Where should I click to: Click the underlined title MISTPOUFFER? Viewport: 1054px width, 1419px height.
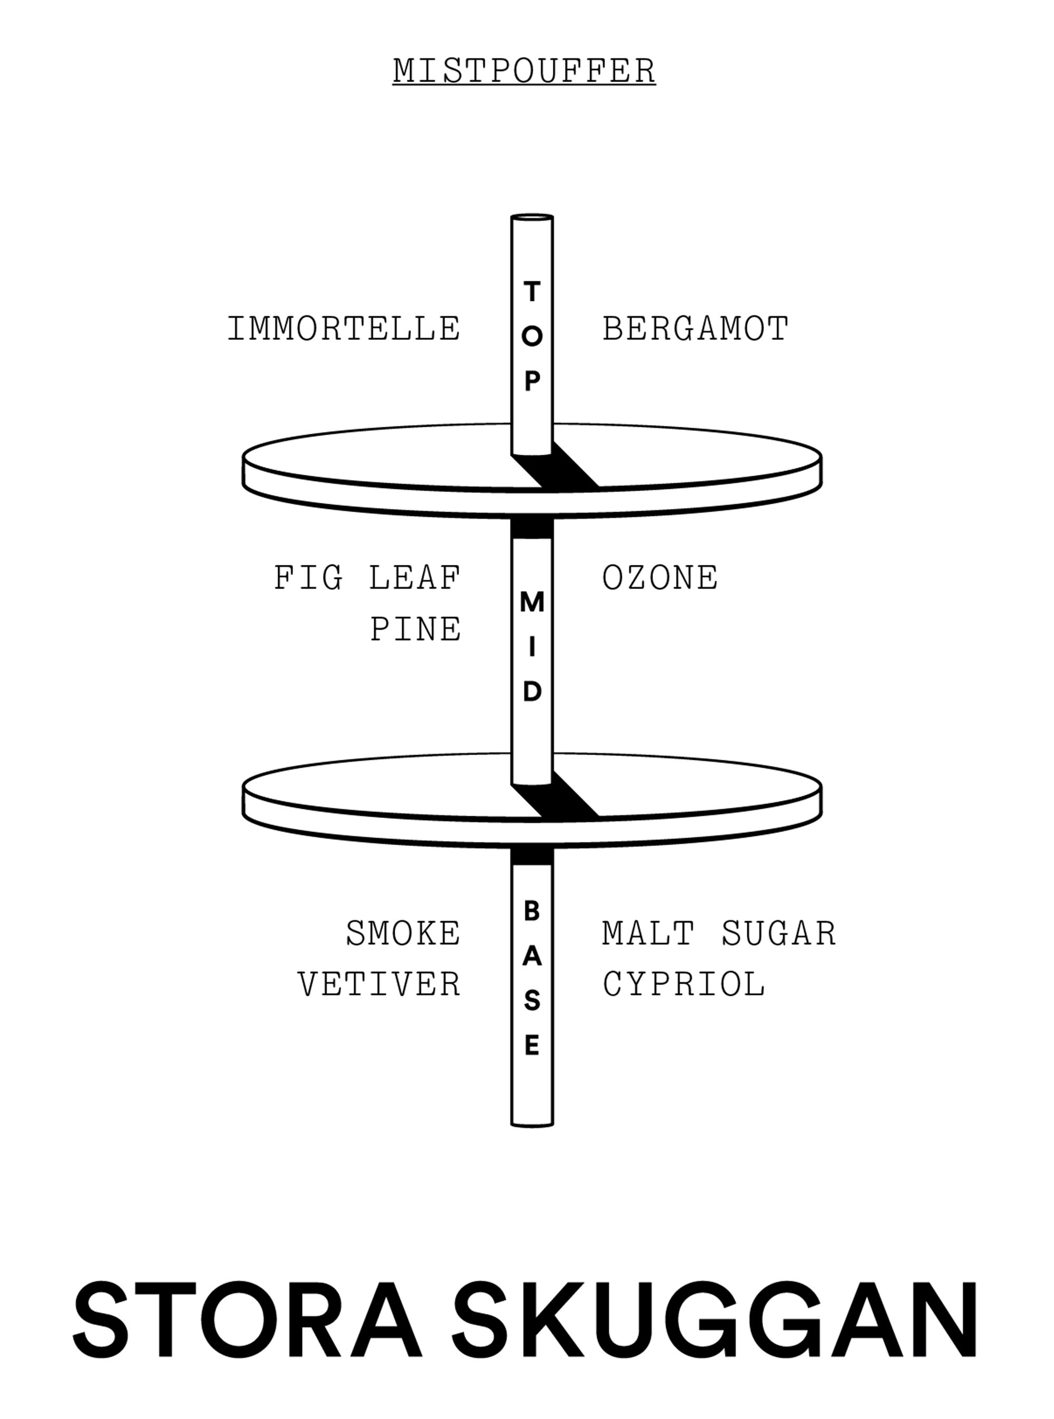pyautogui.click(x=524, y=71)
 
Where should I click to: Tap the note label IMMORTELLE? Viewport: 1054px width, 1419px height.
pyautogui.click(x=344, y=329)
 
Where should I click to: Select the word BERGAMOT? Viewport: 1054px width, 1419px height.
pyautogui.click(x=696, y=329)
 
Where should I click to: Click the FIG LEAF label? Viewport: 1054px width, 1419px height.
pyautogui.click(x=367, y=578)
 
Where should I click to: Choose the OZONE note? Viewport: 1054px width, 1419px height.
pyautogui.click(x=660, y=578)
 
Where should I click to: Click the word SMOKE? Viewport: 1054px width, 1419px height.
pyautogui.click(x=403, y=933)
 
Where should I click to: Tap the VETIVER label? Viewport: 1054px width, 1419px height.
pyautogui.click(x=379, y=984)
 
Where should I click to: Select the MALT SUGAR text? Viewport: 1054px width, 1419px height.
pyautogui.click(x=719, y=933)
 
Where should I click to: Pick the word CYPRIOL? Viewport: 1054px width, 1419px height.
pyautogui.click(x=684, y=984)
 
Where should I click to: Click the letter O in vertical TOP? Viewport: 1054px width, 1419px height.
pyautogui.click(x=532, y=337)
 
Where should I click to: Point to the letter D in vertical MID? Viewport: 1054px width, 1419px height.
pyautogui.click(x=532, y=691)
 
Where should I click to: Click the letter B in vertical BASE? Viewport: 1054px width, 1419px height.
pyautogui.click(x=532, y=912)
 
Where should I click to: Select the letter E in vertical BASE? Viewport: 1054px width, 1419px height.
pyautogui.click(x=532, y=1046)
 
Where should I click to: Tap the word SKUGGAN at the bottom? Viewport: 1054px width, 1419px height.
pyautogui.click(x=715, y=1319)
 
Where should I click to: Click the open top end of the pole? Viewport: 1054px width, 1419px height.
pyautogui.click(x=532, y=218)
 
